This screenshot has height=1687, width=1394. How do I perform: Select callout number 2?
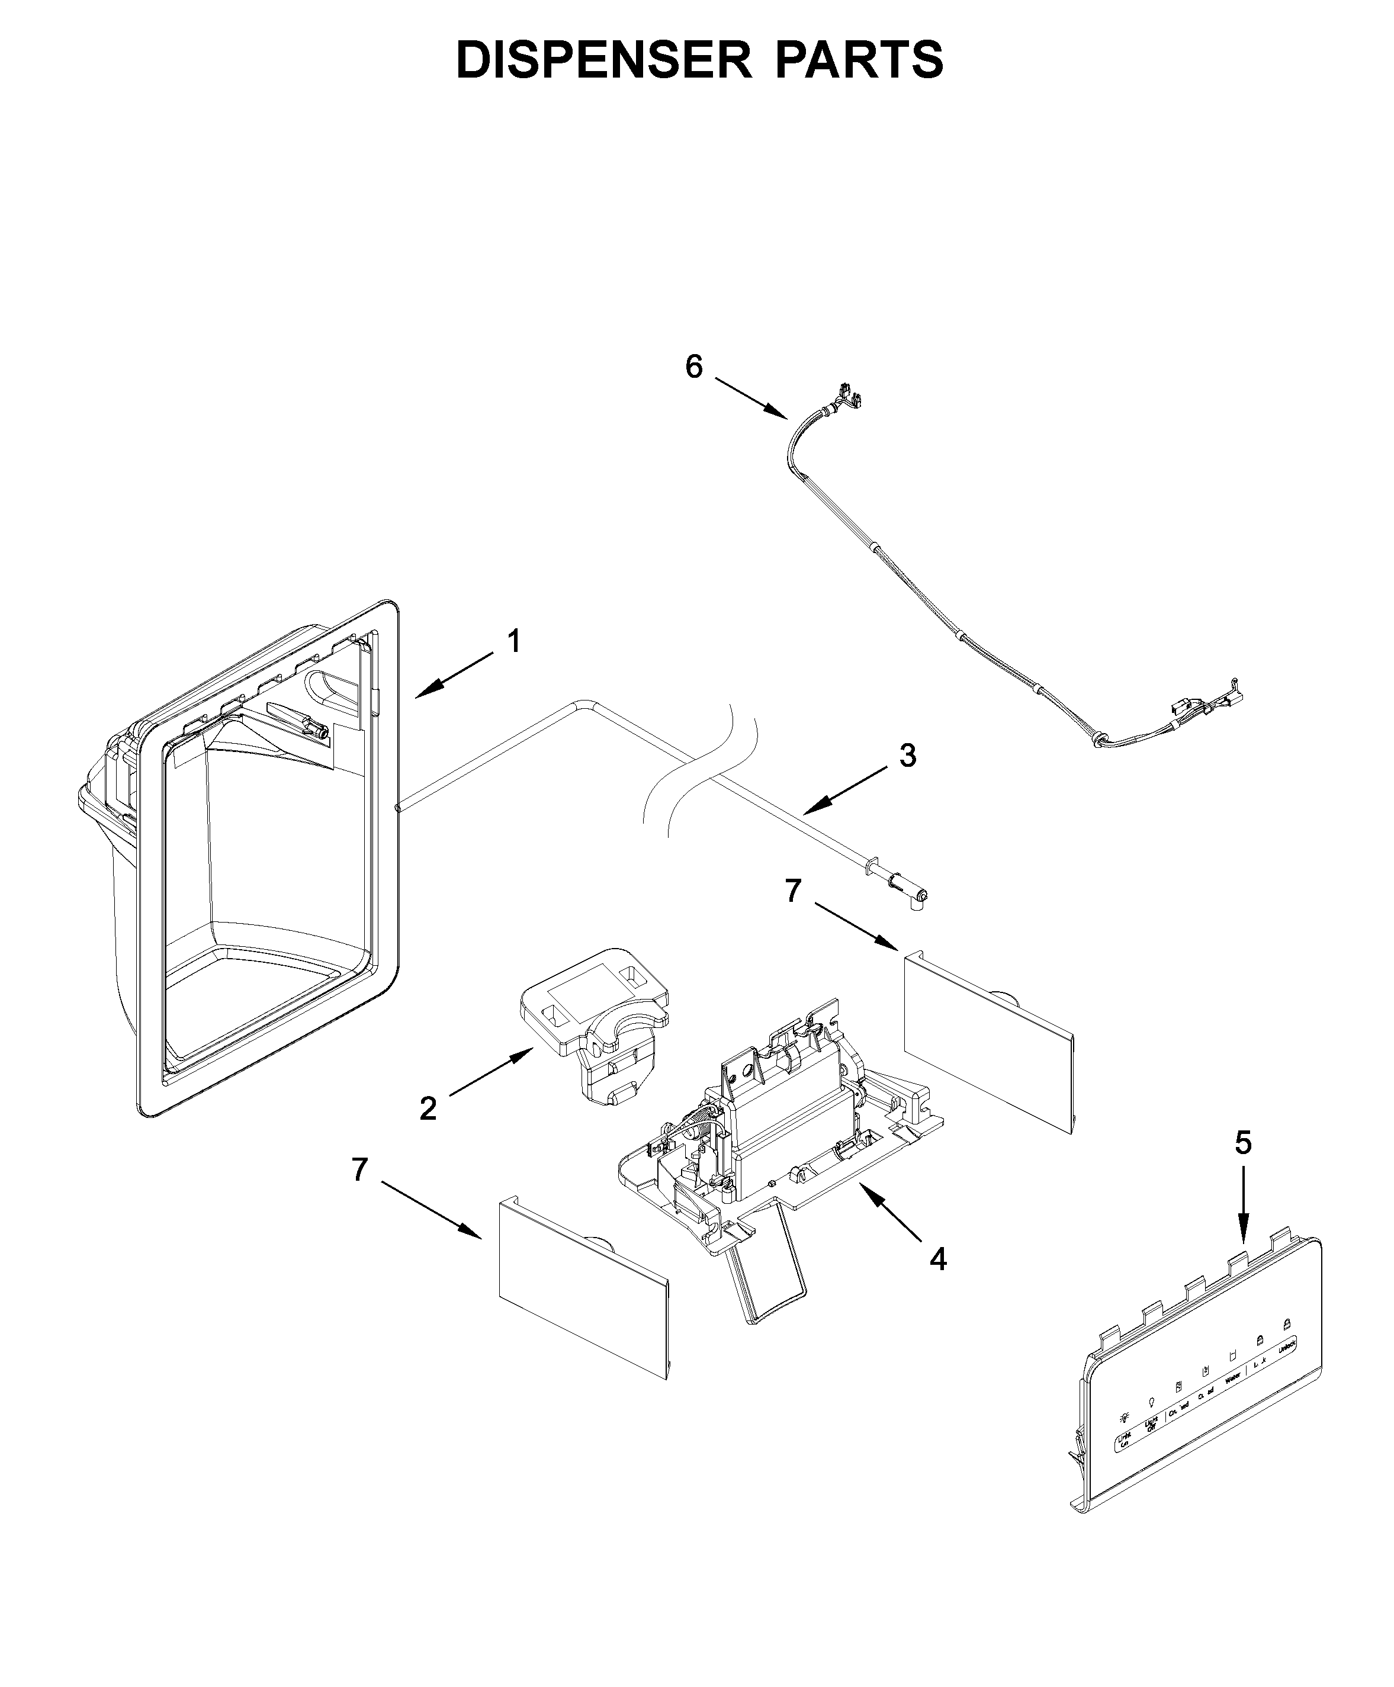[x=428, y=1109]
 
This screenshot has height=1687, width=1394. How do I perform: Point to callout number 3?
[x=907, y=756]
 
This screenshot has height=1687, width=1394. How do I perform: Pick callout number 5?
[x=1243, y=1143]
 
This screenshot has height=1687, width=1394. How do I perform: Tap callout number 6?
[x=694, y=367]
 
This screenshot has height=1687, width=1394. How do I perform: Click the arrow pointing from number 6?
[x=751, y=397]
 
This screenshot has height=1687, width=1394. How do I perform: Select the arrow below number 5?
[x=1243, y=1213]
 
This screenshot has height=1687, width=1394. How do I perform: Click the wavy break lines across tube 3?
[x=702, y=771]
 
